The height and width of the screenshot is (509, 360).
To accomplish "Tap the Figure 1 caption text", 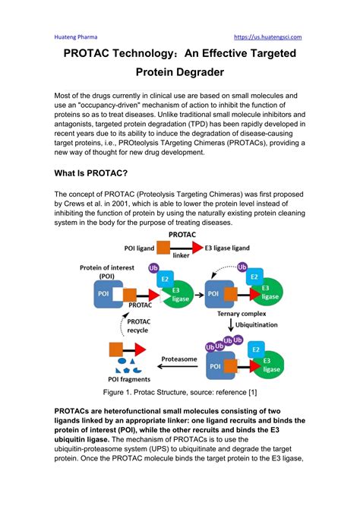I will coord(180,392).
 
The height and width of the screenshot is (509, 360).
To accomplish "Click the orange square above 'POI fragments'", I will coord(117,350).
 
